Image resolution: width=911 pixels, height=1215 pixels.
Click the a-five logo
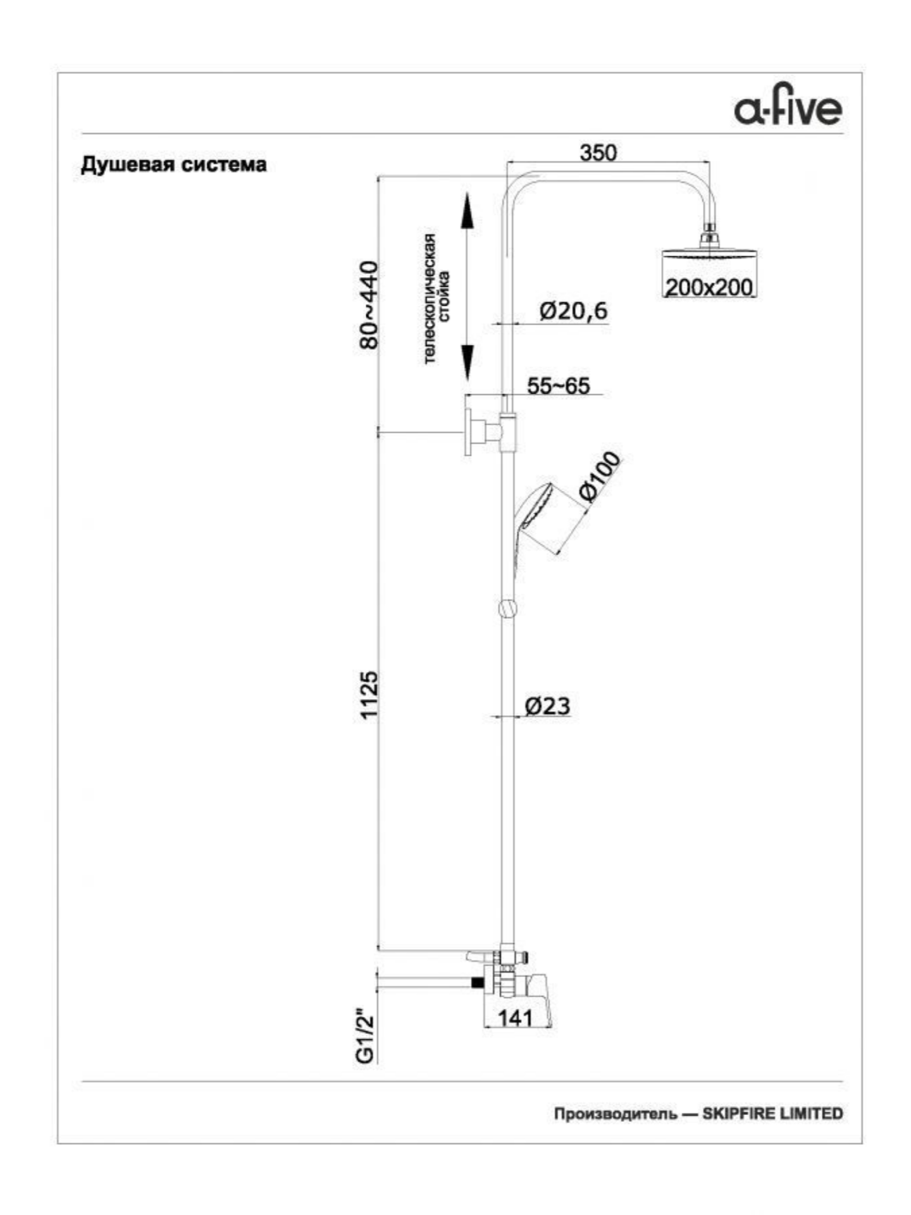[x=788, y=109]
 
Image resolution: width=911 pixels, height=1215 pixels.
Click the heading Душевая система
[x=174, y=165]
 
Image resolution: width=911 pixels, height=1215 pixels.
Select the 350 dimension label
[x=598, y=153]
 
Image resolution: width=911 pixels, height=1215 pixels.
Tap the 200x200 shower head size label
[x=709, y=287]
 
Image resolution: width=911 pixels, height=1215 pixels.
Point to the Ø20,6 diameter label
[x=573, y=311]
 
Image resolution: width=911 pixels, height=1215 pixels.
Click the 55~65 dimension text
[x=559, y=385]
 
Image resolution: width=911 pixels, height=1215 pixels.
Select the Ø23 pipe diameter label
[x=548, y=705]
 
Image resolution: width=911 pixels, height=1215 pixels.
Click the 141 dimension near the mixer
[x=516, y=1018]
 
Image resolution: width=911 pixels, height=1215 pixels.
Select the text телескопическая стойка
[x=437, y=299]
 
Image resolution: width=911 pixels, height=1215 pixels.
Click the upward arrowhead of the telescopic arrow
[x=467, y=211]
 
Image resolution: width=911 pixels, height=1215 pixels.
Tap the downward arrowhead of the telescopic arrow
[x=467, y=363]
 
